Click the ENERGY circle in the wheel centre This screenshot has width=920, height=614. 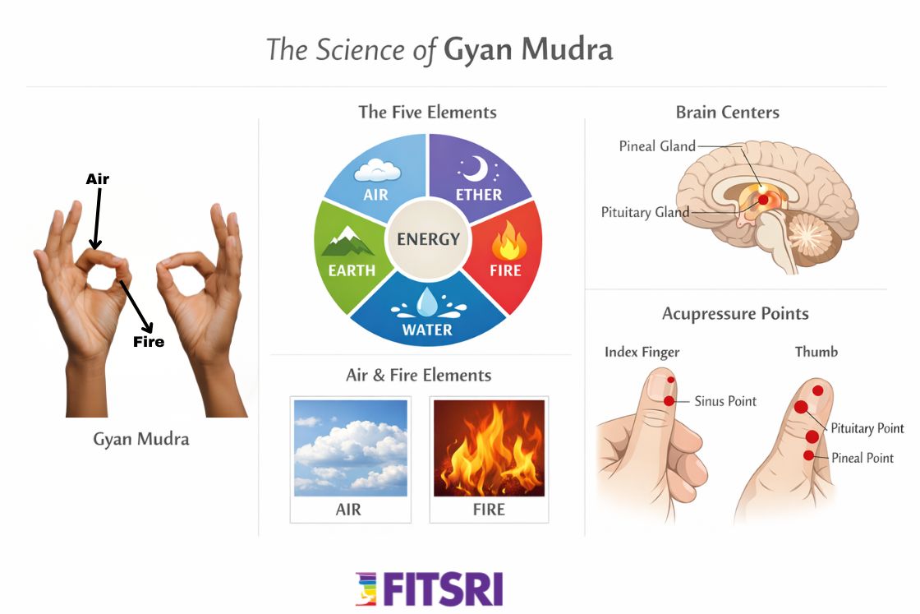click(428, 239)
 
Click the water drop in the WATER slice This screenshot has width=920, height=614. click(427, 305)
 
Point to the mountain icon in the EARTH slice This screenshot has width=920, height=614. click(347, 242)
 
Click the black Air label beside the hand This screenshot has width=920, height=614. click(98, 179)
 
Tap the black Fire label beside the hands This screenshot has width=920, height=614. click(149, 341)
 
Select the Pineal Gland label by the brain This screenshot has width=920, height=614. click(656, 146)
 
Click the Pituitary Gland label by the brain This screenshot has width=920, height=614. click(645, 212)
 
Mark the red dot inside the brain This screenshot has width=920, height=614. click(763, 200)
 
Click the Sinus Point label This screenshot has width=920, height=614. click(725, 401)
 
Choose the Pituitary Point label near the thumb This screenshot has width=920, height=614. click(867, 428)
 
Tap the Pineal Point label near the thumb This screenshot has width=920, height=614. click(862, 458)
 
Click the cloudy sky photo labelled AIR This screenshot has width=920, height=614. click(351, 448)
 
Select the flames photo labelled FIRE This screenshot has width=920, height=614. click(489, 448)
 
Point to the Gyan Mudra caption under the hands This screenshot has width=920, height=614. click(140, 439)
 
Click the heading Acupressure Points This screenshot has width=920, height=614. click(735, 314)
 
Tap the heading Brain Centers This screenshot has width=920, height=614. click(727, 112)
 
